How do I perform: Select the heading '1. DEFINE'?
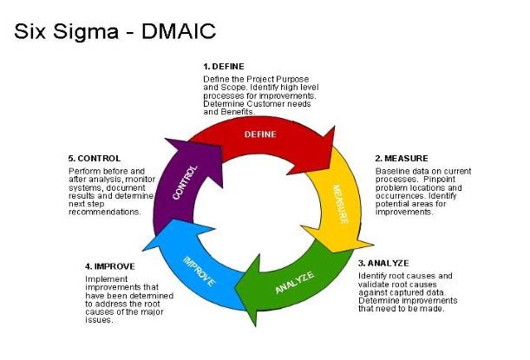[x=224, y=67]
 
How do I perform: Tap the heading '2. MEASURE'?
[x=404, y=158]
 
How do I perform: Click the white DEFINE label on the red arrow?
[x=260, y=134]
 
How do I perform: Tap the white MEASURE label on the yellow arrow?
[x=338, y=204]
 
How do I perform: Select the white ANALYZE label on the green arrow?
[x=297, y=282]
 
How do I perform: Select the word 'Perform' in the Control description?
[x=84, y=172]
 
